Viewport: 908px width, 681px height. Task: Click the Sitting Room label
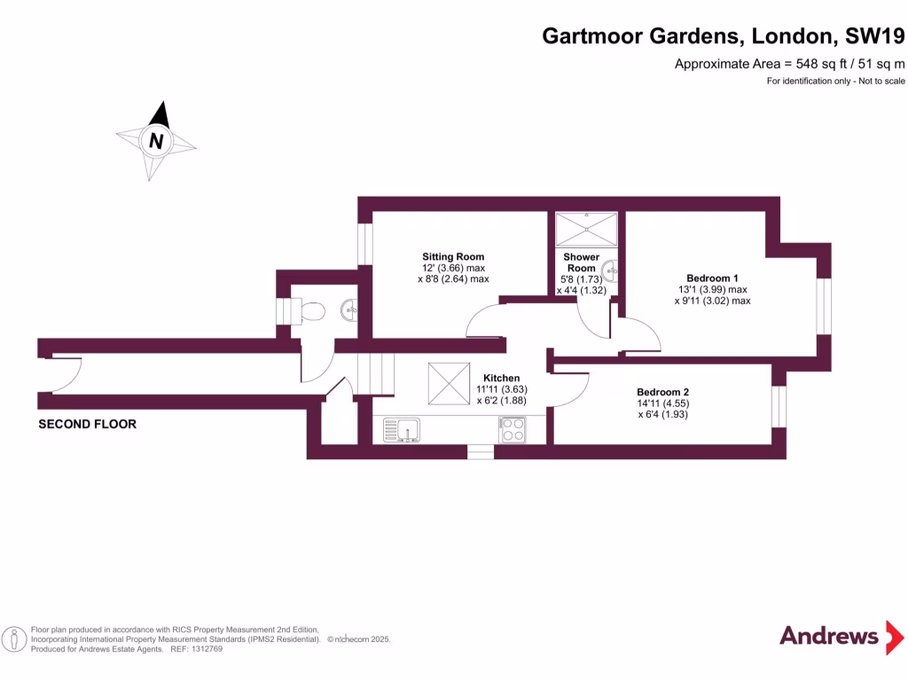coord(453,257)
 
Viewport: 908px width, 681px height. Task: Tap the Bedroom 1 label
coord(712,277)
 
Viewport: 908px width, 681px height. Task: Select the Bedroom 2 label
coord(662,392)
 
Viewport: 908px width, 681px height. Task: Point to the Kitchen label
coord(501,378)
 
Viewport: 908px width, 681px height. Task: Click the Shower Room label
coord(582,262)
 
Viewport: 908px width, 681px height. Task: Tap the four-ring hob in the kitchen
coord(513,430)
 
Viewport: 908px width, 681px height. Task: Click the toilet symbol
coord(311,311)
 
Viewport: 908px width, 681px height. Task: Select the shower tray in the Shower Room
coord(585,229)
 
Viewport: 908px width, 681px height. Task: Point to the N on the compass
coord(156,140)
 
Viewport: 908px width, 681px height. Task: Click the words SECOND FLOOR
coord(88,425)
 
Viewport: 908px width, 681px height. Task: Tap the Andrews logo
coord(829,636)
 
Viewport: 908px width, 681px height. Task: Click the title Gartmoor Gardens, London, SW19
coord(724,36)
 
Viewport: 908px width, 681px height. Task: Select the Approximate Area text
coord(789,63)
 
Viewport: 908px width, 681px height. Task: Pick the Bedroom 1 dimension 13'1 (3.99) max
coord(712,289)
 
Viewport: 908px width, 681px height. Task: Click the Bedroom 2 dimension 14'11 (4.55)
coord(662,403)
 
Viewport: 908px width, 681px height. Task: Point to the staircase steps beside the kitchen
coord(375,373)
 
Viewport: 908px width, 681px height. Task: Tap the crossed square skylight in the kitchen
coord(449,384)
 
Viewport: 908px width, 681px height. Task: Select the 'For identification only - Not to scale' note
coord(835,81)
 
